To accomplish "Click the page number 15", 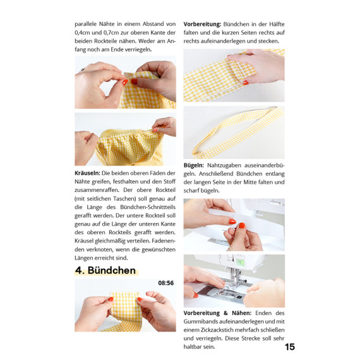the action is tap(290, 347).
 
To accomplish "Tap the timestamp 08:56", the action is tap(165, 283).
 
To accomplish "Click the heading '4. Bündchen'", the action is tap(105, 270).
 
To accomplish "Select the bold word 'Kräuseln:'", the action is tap(87, 173).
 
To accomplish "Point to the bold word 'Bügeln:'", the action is tap(193, 165).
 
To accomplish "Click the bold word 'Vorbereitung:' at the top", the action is tap(202, 25).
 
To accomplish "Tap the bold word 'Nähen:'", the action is tap(241, 313).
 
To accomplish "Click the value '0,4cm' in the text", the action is tap(83, 33).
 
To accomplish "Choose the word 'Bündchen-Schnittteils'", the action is tap(148, 207).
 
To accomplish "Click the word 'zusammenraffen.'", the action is tap(97, 190).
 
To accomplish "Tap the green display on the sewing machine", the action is tap(240, 262).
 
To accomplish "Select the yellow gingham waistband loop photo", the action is tap(234, 132).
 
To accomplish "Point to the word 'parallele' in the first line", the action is tap(85, 25).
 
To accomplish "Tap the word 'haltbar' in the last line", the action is tap(193, 347).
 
